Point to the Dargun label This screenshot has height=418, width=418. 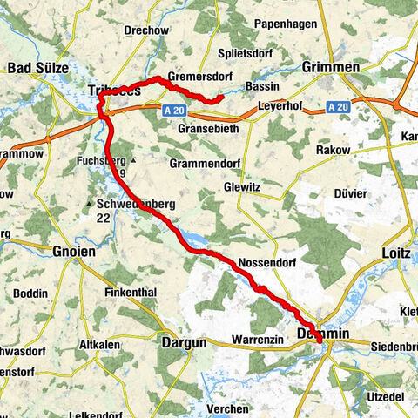[x=184, y=342]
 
